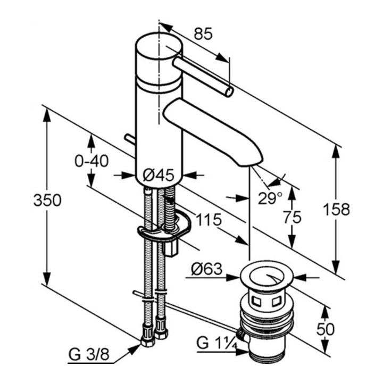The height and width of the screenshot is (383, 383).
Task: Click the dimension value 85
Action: pos(203,34)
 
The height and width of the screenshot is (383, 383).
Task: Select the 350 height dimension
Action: pos(47,201)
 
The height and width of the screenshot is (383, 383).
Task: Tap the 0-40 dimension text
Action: pos(91,161)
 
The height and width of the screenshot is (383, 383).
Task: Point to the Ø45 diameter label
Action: pos(159,175)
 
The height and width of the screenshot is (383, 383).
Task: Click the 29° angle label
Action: pos(270,198)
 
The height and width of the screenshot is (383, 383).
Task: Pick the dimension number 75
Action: pos(292,217)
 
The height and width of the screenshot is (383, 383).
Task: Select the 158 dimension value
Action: pos(336,210)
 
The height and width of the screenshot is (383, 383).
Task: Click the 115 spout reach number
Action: pos(209,219)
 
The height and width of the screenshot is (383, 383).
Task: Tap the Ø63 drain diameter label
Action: pos(206,269)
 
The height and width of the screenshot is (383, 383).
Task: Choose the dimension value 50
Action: pos(326,329)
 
